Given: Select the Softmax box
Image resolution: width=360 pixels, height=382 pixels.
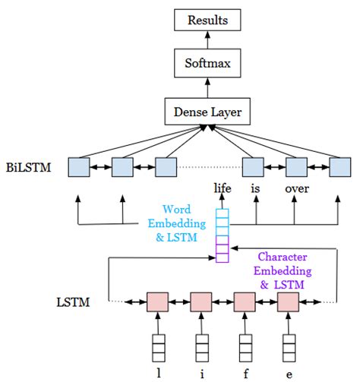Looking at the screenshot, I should (207, 65).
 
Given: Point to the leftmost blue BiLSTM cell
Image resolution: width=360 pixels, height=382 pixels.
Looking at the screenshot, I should (79, 167).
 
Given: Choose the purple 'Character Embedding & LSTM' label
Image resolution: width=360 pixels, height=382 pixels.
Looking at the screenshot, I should (282, 270).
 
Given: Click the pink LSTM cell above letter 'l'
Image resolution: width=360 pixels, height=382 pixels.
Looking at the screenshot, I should (157, 302).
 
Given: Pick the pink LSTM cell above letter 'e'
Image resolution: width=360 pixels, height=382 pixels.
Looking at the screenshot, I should (288, 302).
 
